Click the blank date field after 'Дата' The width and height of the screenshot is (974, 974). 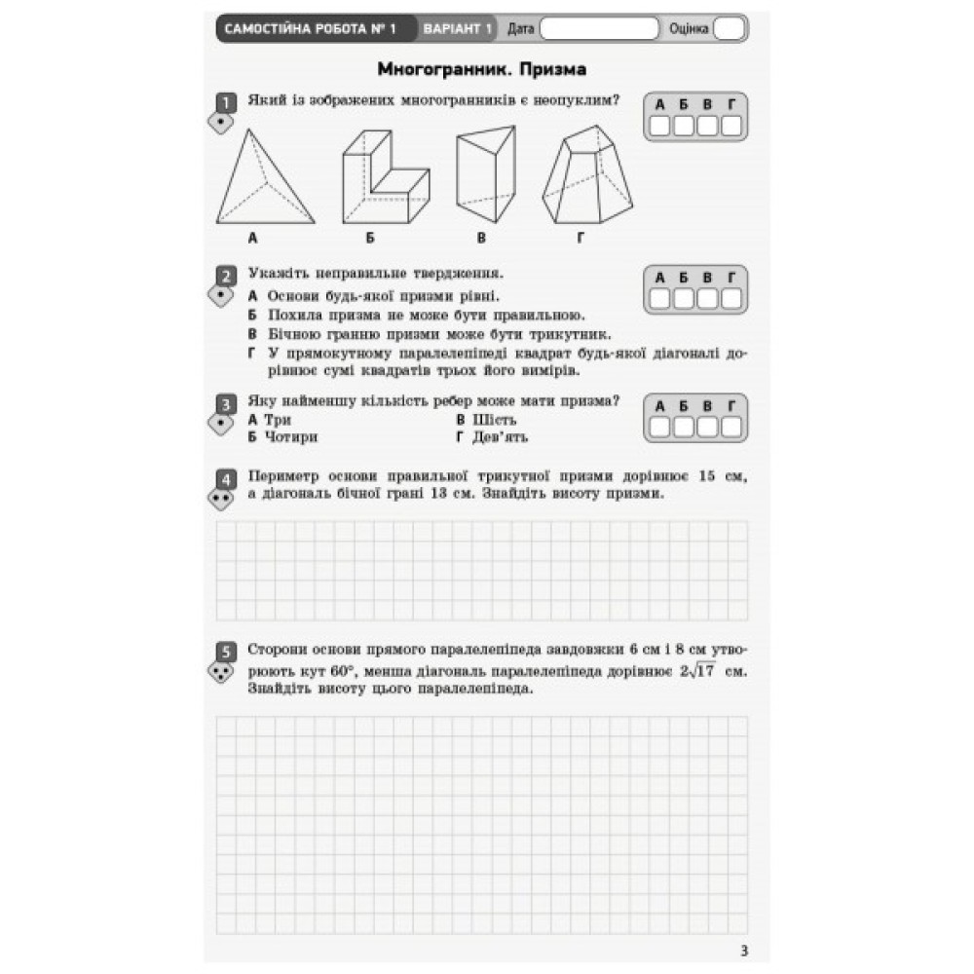click(x=599, y=28)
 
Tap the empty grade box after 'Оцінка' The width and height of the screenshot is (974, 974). click(x=728, y=28)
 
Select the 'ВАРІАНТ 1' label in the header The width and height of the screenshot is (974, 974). click(x=457, y=28)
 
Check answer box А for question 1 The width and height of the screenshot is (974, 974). click(x=660, y=125)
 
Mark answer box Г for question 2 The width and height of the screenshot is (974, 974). click(x=730, y=298)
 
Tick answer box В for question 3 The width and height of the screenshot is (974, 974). click(x=707, y=426)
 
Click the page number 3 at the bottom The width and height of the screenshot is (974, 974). click(x=744, y=951)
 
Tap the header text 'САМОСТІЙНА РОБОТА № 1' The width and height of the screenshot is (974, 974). click(x=310, y=28)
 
